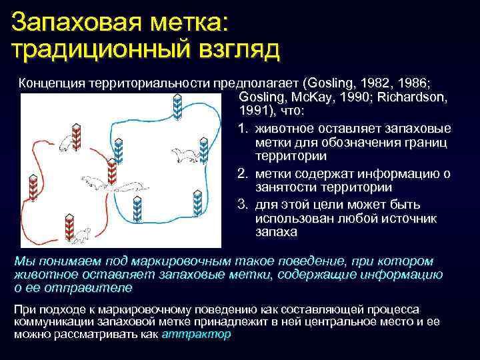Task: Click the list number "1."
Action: coord(242,128)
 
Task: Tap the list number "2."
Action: coord(242,173)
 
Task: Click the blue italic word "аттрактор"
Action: coord(197,334)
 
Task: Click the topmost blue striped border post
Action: coord(177,107)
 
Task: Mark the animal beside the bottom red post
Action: coord(83,234)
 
